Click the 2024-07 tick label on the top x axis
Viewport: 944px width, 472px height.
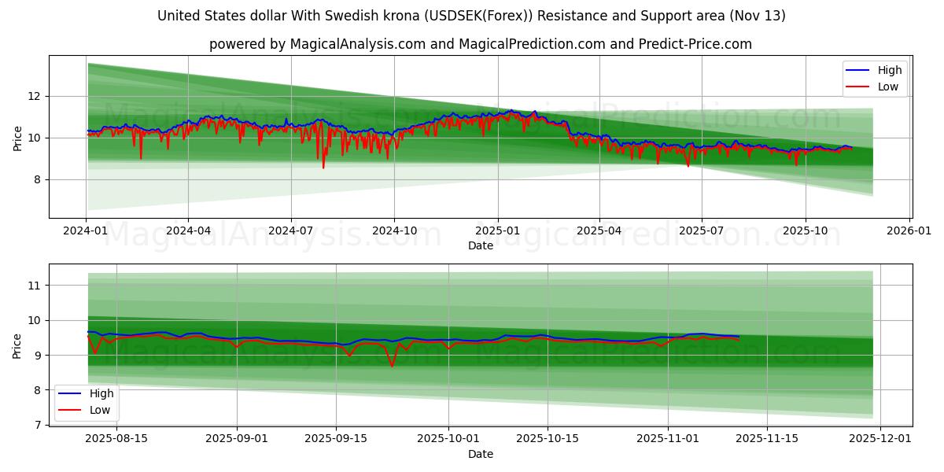tap(291, 231)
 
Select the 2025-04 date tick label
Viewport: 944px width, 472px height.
tap(599, 231)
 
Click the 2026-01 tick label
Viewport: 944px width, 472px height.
tap(909, 231)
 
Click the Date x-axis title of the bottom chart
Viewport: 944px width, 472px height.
tap(480, 454)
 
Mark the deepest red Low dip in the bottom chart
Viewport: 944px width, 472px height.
tap(392, 366)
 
